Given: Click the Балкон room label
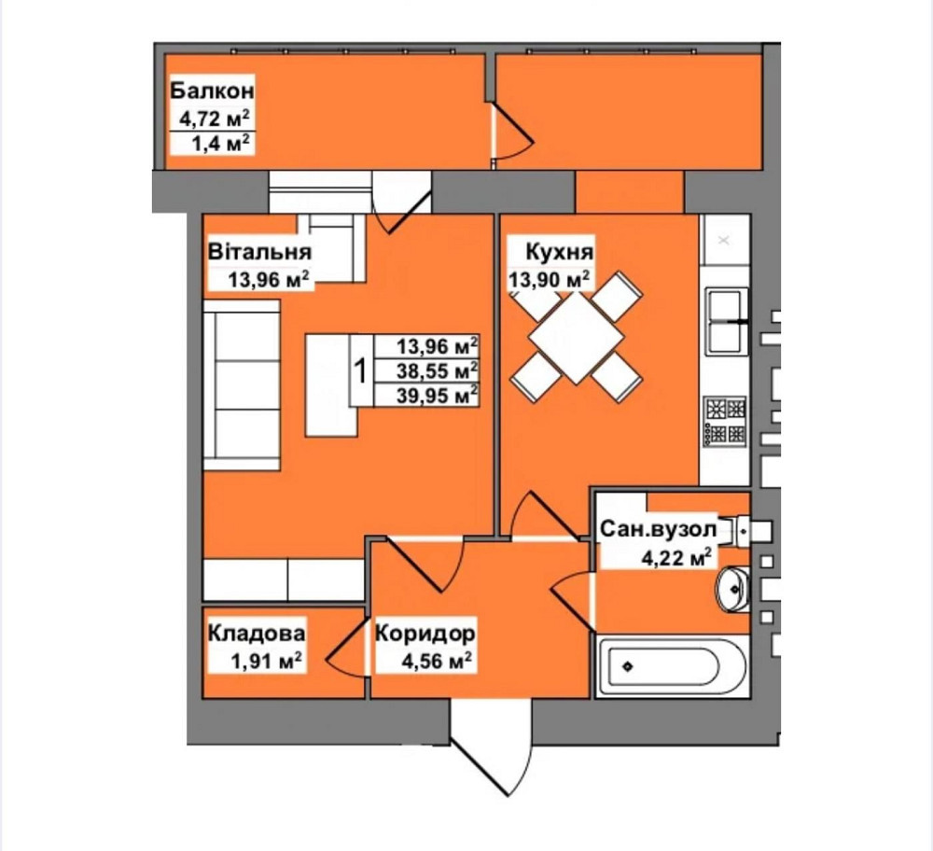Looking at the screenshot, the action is point(212,91).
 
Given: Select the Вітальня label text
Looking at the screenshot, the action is point(259,252).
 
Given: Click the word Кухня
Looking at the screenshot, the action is point(559,252).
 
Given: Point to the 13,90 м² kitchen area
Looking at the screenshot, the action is point(549,278).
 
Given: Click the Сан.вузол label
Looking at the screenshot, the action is point(658,528).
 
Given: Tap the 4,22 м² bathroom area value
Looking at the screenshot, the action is point(675,558).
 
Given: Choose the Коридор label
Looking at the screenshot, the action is point(425,633).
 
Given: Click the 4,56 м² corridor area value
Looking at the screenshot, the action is point(438,660).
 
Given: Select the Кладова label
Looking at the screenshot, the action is point(257,633).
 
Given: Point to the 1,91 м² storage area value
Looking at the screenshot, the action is point(266,660).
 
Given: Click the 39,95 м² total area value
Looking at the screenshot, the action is point(438,395).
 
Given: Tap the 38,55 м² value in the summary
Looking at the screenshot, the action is point(438,370).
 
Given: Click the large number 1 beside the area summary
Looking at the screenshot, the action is point(360,370).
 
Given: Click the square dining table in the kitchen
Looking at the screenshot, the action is point(576,338).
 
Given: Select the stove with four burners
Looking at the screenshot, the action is point(725,422).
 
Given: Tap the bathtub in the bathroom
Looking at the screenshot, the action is point(672,666).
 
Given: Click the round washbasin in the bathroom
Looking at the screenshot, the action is point(731,589).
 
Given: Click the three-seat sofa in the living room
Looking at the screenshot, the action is point(242,385).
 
